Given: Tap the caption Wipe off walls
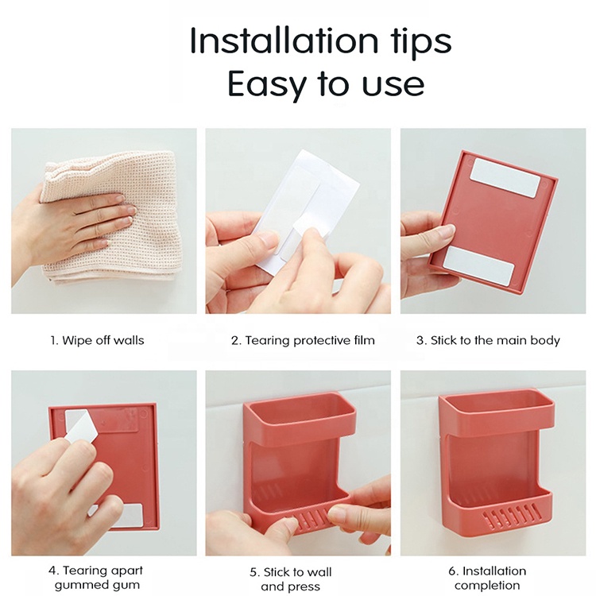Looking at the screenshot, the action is point(97,340).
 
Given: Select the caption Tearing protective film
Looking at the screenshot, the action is point(303,341).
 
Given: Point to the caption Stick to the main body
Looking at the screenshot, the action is point(488,341).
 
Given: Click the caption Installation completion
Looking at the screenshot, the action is point(487,578).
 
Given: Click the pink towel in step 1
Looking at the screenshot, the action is point(110,218).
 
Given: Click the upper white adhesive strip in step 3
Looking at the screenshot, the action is point(505,178).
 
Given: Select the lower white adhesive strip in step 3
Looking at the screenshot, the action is point(479,264).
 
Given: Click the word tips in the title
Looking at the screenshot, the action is point(420,42).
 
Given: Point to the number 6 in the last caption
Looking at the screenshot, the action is point(452,571).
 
